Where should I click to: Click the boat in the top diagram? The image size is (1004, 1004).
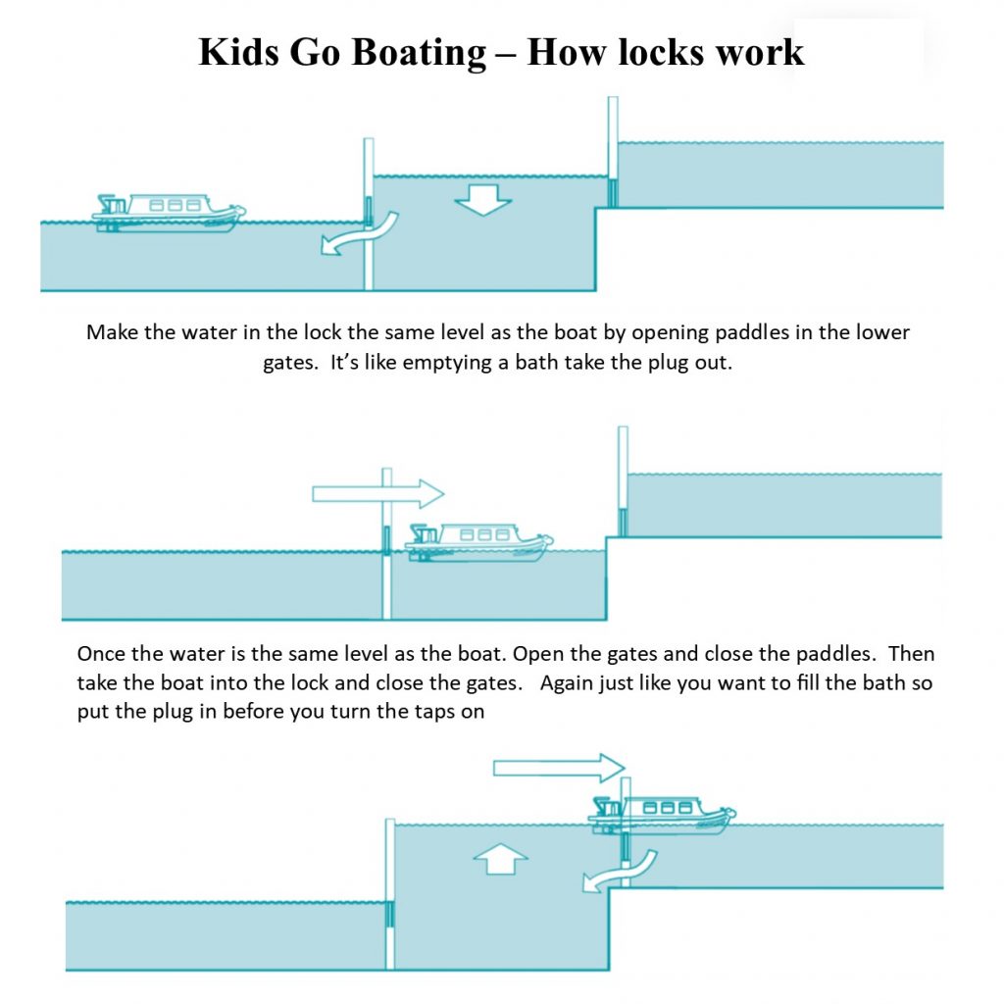(169, 211)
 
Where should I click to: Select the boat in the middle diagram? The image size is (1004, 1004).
(479, 541)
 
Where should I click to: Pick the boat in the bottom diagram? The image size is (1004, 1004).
(662, 814)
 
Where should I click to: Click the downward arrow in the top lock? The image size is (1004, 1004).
(483, 200)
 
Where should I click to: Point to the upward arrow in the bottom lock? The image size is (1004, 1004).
(500, 860)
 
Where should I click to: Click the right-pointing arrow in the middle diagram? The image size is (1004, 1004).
(377, 492)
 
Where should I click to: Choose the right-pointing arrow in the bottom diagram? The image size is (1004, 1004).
(559, 766)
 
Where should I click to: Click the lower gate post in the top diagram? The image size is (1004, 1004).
(369, 214)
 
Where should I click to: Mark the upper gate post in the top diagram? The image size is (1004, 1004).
(613, 151)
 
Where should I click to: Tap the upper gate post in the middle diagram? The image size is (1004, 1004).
(622, 480)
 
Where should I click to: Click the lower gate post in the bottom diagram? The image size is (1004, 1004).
(391, 892)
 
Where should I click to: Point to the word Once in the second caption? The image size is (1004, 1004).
(101, 654)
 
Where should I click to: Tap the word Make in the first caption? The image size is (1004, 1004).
(109, 331)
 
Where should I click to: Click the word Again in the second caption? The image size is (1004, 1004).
(567, 682)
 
